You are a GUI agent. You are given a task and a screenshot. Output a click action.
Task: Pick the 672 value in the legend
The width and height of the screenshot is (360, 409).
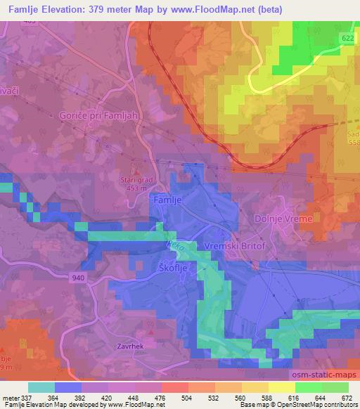coord(347,398)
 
